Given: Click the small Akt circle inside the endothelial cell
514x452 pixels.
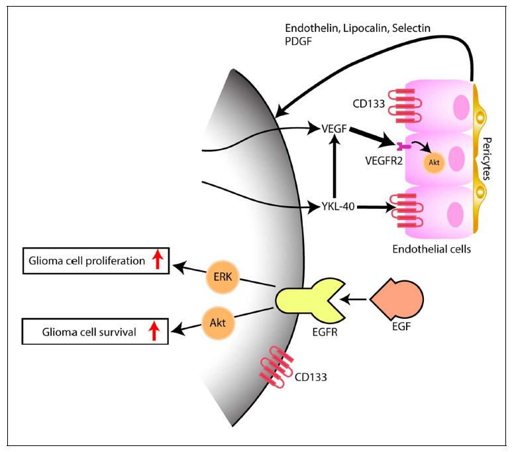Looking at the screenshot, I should coord(433,163).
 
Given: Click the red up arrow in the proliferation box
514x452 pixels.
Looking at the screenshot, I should coord(157,261).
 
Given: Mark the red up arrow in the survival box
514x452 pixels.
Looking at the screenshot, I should coord(152,331).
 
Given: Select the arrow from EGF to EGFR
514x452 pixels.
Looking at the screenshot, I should coord(353,301).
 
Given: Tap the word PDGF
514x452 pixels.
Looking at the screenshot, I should coord(297,40).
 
